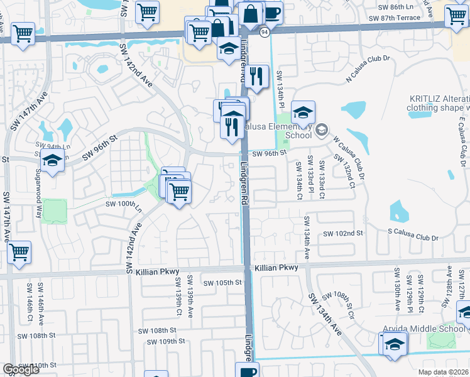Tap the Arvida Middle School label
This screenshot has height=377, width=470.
click(424, 329)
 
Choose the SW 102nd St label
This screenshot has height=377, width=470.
click(344, 233)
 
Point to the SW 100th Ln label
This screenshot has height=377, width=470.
click(123, 204)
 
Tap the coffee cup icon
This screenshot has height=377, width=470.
click(271, 13)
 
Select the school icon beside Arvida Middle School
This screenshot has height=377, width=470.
click(394, 344)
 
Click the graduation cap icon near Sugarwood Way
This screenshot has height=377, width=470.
click(53, 161)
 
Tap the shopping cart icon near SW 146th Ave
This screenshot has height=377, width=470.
click(19, 253)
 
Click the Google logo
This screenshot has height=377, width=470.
click(20, 369)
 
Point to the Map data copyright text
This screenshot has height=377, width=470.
click(444, 372)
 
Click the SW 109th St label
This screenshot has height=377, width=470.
click(165, 342)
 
